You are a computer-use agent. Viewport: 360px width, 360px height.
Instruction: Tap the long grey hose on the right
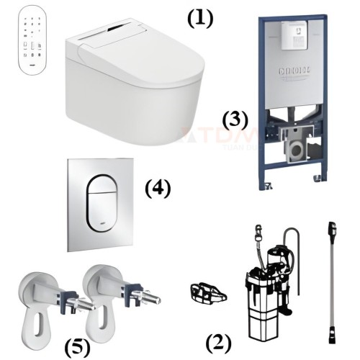(330, 281)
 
